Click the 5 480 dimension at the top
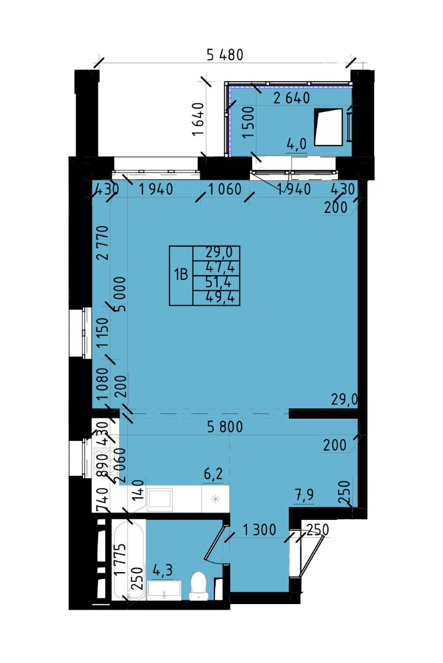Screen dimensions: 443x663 (x=225, y=55)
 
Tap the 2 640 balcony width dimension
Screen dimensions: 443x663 (x=291, y=98)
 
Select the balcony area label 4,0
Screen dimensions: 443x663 (x=296, y=144)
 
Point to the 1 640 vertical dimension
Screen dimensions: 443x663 (x=198, y=119)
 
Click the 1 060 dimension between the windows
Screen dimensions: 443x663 (x=225, y=189)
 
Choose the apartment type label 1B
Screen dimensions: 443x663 (x=181, y=275)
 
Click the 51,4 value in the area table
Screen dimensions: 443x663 (x=219, y=282)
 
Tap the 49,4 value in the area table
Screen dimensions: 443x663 (x=219, y=297)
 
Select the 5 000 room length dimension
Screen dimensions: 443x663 (x=120, y=294)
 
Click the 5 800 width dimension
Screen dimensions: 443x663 (x=225, y=427)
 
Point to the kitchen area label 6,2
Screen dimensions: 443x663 (x=213, y=474)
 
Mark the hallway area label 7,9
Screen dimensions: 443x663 (x=304, y=494)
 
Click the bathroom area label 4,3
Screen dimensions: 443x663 (x=162, y=570)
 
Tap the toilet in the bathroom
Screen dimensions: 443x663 (x=199, y=586)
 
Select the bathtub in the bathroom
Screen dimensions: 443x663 (x=128, y=560)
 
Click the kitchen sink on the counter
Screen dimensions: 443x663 (x=160, y=499)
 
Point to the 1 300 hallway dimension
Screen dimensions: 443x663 (x=259, y=529)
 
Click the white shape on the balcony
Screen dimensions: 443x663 (x=328, y=127)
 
